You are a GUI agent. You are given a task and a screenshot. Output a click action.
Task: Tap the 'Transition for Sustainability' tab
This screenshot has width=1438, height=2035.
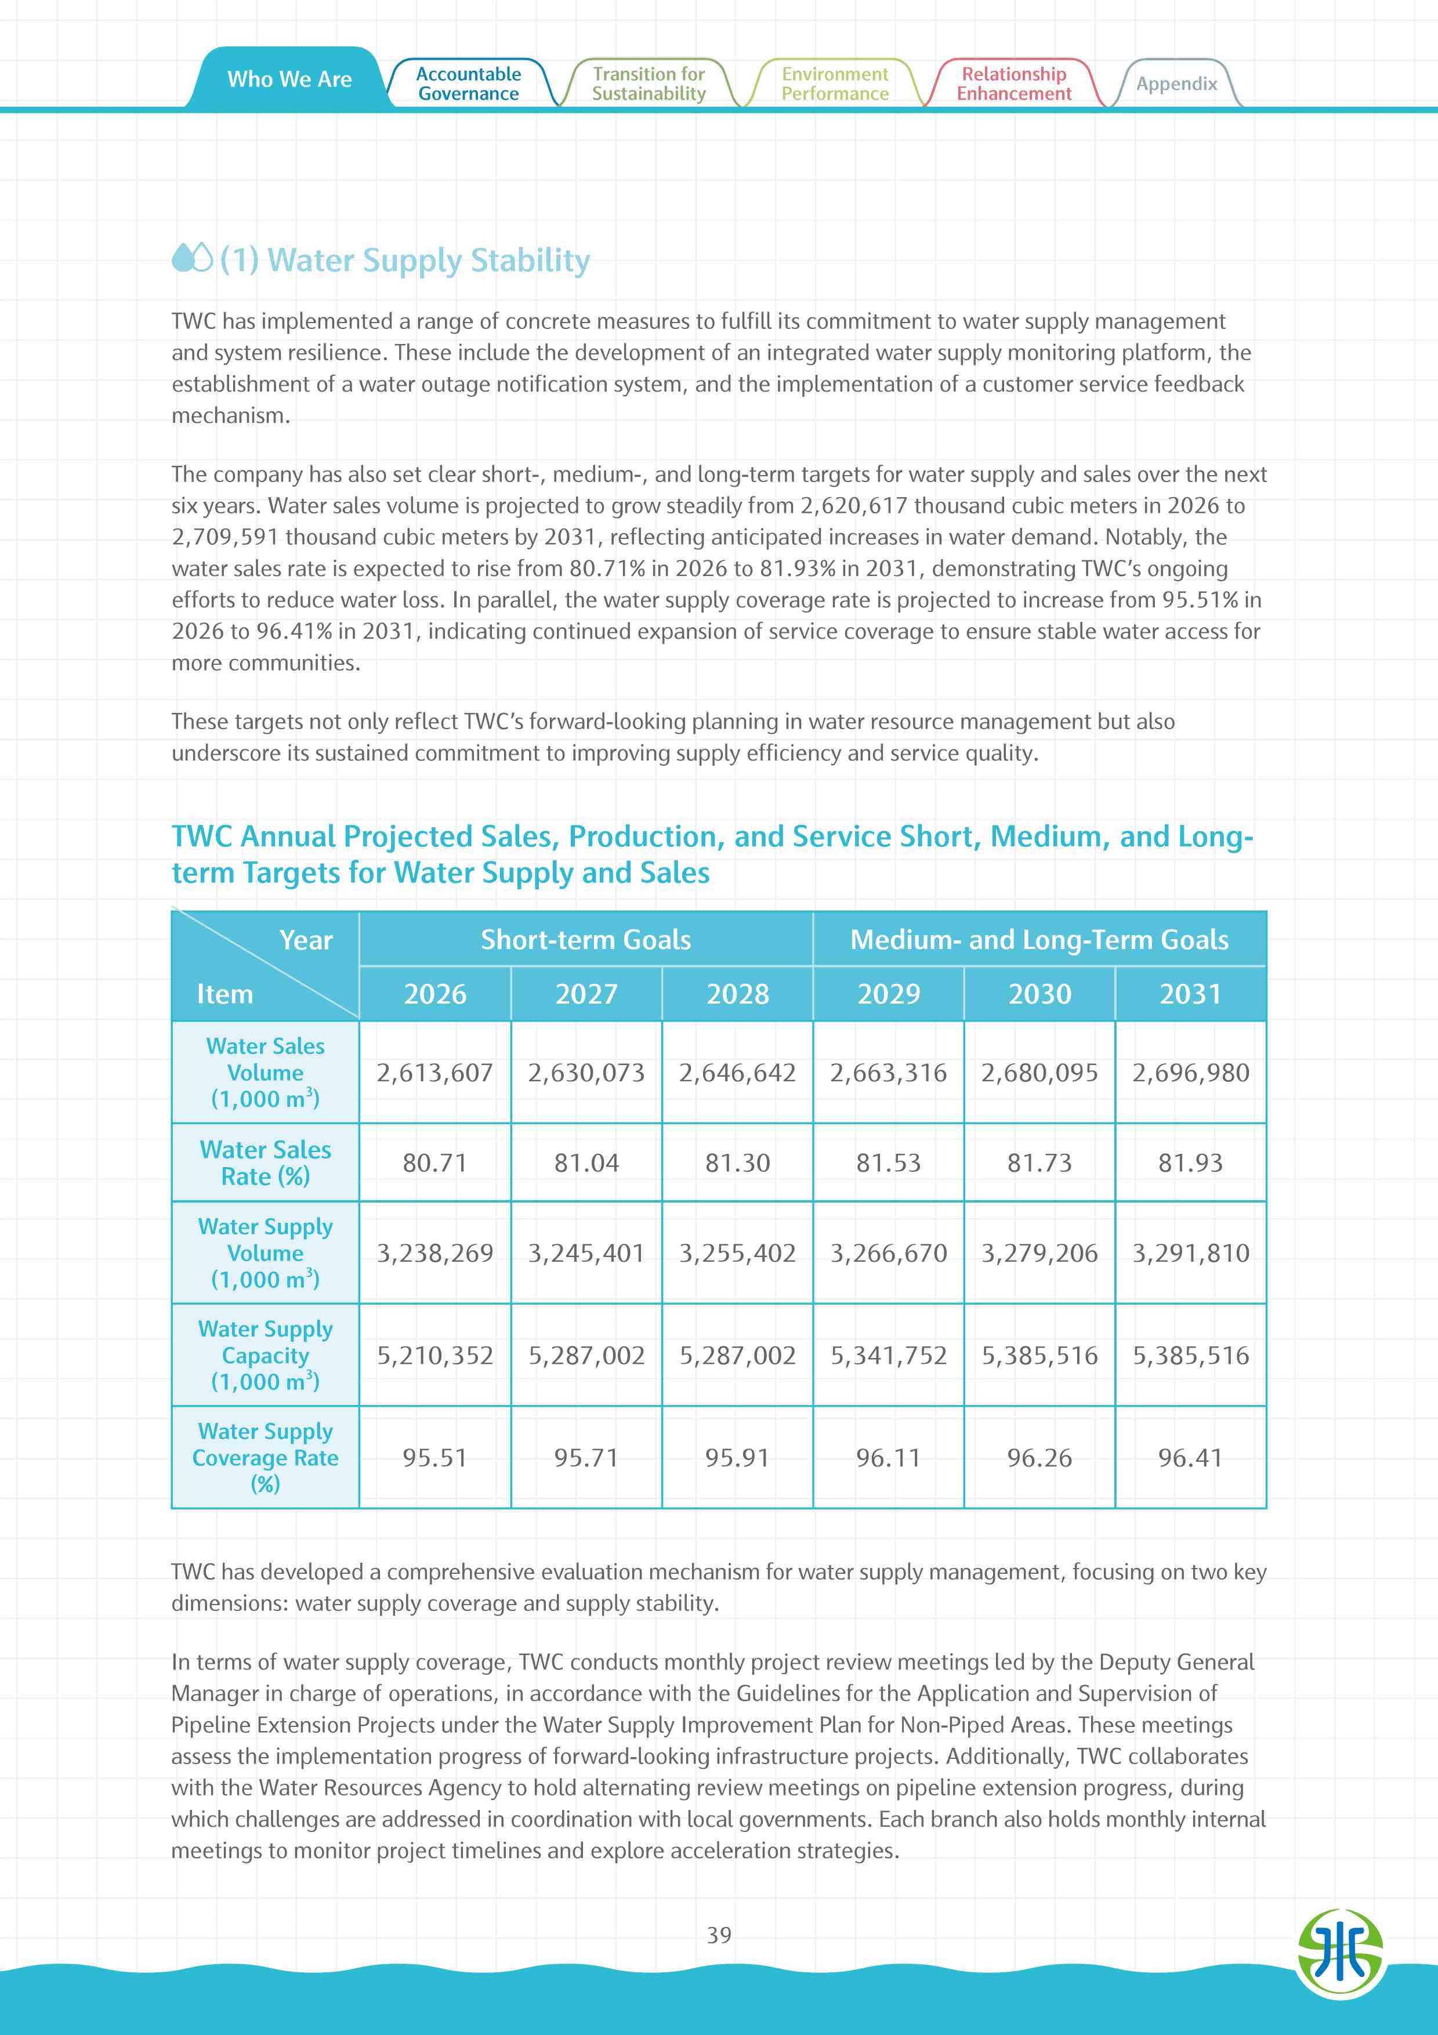pos(649,84)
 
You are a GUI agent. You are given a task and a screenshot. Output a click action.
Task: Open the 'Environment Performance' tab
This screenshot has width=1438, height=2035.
pos(835,84)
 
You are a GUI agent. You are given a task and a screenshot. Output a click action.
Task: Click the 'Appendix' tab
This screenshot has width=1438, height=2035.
pos(1176,84)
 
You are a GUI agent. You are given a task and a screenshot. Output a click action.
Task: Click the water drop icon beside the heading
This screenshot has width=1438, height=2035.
pos(192,259)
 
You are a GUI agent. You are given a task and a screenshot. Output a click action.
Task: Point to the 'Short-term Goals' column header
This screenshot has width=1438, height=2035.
pos(586,940)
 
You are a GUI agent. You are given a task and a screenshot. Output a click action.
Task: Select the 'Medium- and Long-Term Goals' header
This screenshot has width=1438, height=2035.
pos(1039,940)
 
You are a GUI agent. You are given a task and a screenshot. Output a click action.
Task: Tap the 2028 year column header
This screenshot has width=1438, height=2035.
pos(737,994)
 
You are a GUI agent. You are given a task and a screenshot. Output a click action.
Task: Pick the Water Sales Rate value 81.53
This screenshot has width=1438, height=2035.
pos(889,1163)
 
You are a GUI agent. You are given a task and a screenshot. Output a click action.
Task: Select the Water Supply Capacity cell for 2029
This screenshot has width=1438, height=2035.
pos(889,1355)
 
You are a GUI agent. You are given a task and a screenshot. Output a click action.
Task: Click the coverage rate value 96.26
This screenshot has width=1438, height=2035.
pos(1039,1458)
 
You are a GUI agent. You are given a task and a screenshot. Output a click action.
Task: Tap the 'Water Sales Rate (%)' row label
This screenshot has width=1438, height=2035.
pos(265,1163)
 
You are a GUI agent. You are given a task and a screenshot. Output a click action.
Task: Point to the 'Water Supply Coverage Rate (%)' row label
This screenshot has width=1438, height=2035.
pos(265,1458)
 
